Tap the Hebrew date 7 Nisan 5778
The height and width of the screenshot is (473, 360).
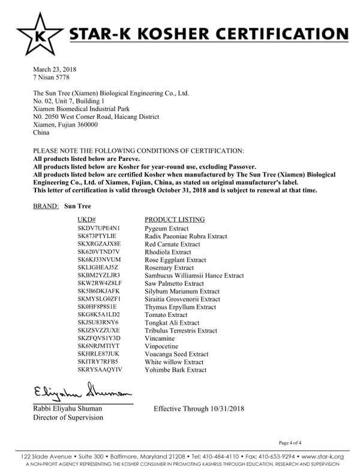click(x=52, y=78)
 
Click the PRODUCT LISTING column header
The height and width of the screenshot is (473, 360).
click(x=175, y=219)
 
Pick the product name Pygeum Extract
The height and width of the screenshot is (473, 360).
click(x=166, y=229)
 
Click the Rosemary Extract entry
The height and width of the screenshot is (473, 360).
click(x=169, y=267)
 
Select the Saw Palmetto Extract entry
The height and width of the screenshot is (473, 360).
click(x=174, y=283)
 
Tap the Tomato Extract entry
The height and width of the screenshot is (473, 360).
click(x=166, y=314)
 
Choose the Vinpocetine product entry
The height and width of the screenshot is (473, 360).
click(x=163, y=346)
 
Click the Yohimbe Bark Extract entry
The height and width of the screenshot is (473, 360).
click(x=176, y=370)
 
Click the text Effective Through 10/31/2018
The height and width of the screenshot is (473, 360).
click(x=199, y=409)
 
